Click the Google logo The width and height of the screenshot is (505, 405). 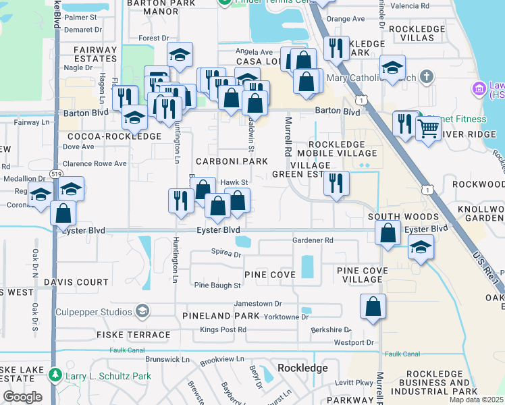click(23, 397)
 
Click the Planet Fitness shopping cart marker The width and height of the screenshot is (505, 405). click(428, 128)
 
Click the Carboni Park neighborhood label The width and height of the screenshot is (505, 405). click(232, 162)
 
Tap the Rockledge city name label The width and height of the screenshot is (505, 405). click(302, 368)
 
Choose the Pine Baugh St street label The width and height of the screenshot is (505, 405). click(217, 286)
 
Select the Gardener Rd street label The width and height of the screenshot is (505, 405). click(313, 240)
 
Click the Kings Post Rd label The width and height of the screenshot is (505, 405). click(223, 329)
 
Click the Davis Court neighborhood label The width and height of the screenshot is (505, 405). click(76, 282)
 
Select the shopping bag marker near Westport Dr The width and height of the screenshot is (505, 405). click(373, 308)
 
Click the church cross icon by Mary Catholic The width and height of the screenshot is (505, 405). click(425, 77)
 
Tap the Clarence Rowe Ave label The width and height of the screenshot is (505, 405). click(95, 163)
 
